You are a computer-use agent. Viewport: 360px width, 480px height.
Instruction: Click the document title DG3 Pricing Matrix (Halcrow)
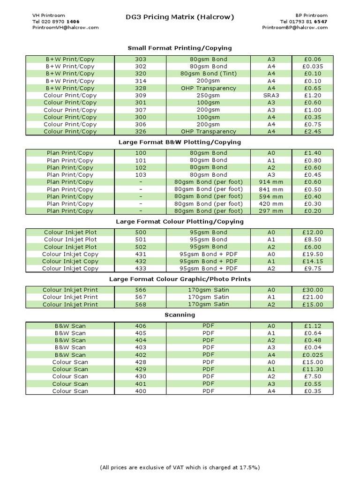(180, 17)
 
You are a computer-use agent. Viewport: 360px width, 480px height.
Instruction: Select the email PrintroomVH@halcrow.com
(65, 27)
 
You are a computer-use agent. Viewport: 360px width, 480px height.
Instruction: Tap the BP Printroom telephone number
(304, 22)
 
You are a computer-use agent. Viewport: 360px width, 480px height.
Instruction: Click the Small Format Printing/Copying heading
(180, 48)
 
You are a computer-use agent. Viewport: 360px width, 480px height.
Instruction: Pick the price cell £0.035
(313, 67)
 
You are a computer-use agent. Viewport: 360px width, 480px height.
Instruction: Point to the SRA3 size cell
(271, 95)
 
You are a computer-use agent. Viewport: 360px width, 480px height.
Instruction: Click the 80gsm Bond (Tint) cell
(208, 74)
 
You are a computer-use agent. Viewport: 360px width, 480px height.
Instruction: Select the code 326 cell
(140, 132)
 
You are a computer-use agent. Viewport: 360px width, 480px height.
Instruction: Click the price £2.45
(313, 132)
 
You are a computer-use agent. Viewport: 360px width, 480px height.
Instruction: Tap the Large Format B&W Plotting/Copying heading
(180, 142)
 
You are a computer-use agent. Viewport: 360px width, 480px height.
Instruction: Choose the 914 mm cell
(271, 182)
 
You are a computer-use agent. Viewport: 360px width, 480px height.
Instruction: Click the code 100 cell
(140, 153)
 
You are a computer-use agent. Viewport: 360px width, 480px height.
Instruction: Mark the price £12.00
(313, 232)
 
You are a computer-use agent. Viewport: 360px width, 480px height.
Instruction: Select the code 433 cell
(140, 269)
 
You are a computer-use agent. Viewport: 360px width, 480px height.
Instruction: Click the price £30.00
(313, 290)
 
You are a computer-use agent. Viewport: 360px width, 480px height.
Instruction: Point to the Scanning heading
(180, 315)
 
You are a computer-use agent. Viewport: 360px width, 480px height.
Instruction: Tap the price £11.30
(313, 369)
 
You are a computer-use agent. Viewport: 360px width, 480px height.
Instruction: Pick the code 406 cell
(140, 326)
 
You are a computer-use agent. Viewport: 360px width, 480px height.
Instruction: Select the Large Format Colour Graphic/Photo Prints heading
(180, 279)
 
